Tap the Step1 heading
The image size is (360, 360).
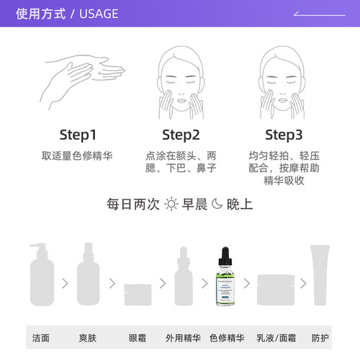click(x=77, y=135)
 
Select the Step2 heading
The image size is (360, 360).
click(x=180, y=135)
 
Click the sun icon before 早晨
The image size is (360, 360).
click(x=171, y=204)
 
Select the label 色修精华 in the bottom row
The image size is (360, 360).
click(x=225, y=337)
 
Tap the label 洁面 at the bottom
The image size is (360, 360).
click(x=41, y=337)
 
